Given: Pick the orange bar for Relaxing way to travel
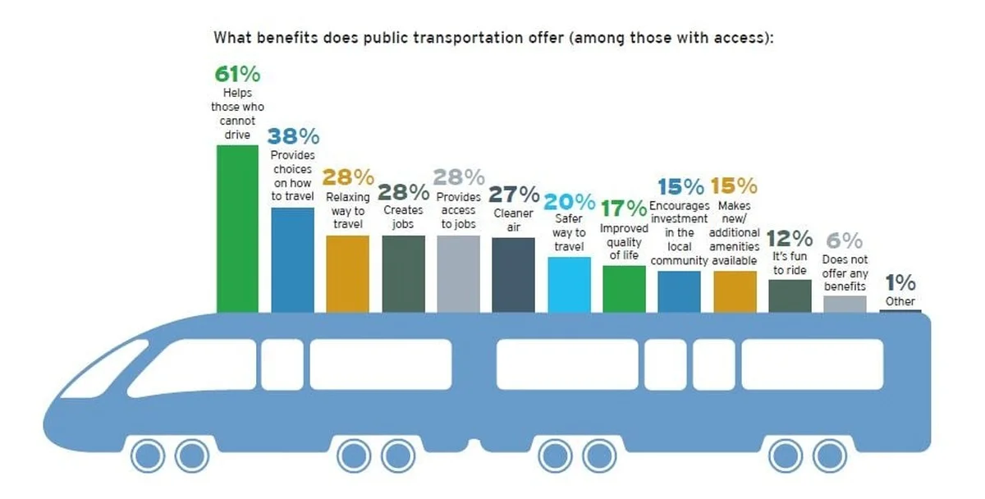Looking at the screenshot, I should [x=347, y=273].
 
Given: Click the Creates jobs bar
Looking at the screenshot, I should [x=403, y=273].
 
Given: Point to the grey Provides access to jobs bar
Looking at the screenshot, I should [x=458, y=273].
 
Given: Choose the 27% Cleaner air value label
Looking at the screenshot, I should [x=514, y=195].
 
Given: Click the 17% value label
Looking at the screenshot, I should [x=624, y=208].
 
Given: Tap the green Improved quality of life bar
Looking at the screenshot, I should [x=624, y=289].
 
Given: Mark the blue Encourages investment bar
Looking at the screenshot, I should [x=679, y=291].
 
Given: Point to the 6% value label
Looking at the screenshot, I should [x=845, y=240].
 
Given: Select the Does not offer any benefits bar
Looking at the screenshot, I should [x=845, y=304].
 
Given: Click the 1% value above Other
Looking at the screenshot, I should [x=900, y=283].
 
